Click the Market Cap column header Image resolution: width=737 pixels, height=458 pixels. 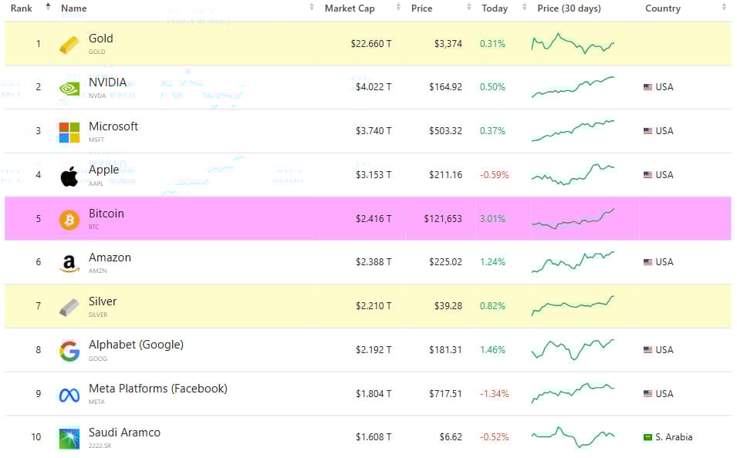click(349, 8)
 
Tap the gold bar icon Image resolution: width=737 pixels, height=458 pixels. click(69, 45)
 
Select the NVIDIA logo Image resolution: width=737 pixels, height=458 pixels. click(69, 88)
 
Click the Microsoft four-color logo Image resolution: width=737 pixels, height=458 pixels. click(69, 132)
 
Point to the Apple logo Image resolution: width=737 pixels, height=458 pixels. click(69, 176)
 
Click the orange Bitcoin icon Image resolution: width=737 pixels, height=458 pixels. click(69, 220)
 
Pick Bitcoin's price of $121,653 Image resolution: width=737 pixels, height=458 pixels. click(443, 219)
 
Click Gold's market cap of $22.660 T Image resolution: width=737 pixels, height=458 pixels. click(371, 44)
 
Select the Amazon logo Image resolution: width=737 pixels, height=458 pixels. click(69, 264)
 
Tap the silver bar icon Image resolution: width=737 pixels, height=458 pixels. click(69, 307)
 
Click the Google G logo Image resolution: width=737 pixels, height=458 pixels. click(69, 351)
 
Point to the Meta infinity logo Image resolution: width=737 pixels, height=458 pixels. click(69, 395)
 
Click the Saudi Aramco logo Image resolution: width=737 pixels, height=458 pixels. click(69, 438)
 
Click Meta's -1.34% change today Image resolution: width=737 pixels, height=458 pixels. click(494, 394)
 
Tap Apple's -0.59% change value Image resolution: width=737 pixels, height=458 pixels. click(494, 175)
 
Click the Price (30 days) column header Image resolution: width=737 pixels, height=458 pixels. click(569, 8)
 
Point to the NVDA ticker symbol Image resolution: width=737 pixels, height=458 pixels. click(97, 96)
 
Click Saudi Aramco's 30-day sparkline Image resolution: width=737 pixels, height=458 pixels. click(573, 437)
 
